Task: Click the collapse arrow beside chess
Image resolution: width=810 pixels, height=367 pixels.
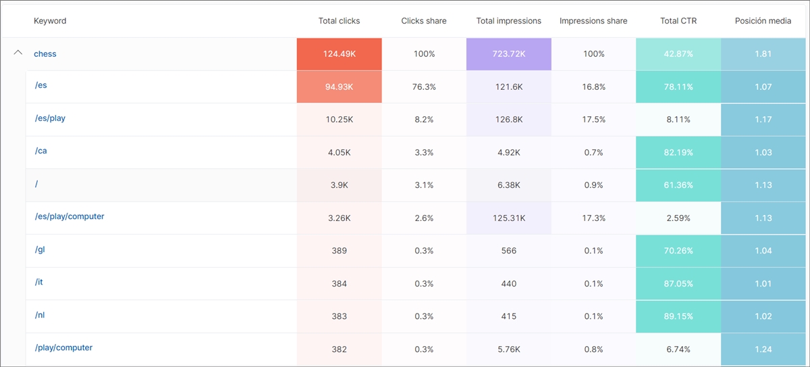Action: click(x=18, y=53)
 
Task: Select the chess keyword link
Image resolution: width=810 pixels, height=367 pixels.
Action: click(x=45, y=54)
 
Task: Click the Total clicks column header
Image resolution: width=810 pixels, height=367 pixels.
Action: click(x=339, y=21)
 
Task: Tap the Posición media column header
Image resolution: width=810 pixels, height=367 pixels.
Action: click(x=763, y=21)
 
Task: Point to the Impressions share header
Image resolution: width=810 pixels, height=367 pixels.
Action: click(x=593, y=21)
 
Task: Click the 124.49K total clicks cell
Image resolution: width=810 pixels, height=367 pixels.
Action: click(x=339, y=54)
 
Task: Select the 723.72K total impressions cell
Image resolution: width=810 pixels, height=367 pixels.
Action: click(x=508, y=54)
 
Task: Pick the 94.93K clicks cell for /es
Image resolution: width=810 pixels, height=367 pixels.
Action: click(x=339, y=87)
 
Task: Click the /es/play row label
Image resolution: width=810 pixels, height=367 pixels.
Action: click(x=50, y=118)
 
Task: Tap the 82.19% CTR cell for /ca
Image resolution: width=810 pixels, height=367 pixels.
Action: click(x=678, y=153)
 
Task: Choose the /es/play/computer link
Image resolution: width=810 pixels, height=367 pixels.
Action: click(x=70, y=217)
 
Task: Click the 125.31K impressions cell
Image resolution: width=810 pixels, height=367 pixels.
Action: click(x=508, y=218)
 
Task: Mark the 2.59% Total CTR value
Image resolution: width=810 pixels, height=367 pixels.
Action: click(x=678, y=218)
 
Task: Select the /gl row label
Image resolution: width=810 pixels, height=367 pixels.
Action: click(x=40, y=249)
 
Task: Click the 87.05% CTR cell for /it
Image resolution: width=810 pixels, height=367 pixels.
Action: click(x=678, y=284)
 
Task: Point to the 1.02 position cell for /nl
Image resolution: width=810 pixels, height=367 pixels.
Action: click(x=763, y=316)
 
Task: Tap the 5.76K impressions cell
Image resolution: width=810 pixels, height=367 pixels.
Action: click(x=508, y=349)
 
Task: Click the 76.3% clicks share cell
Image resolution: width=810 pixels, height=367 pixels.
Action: click(x=424, y=87)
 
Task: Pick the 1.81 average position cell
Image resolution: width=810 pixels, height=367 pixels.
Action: click(x=763, y=54)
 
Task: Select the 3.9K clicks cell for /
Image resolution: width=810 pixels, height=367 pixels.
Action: click(x=339, y=185)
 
